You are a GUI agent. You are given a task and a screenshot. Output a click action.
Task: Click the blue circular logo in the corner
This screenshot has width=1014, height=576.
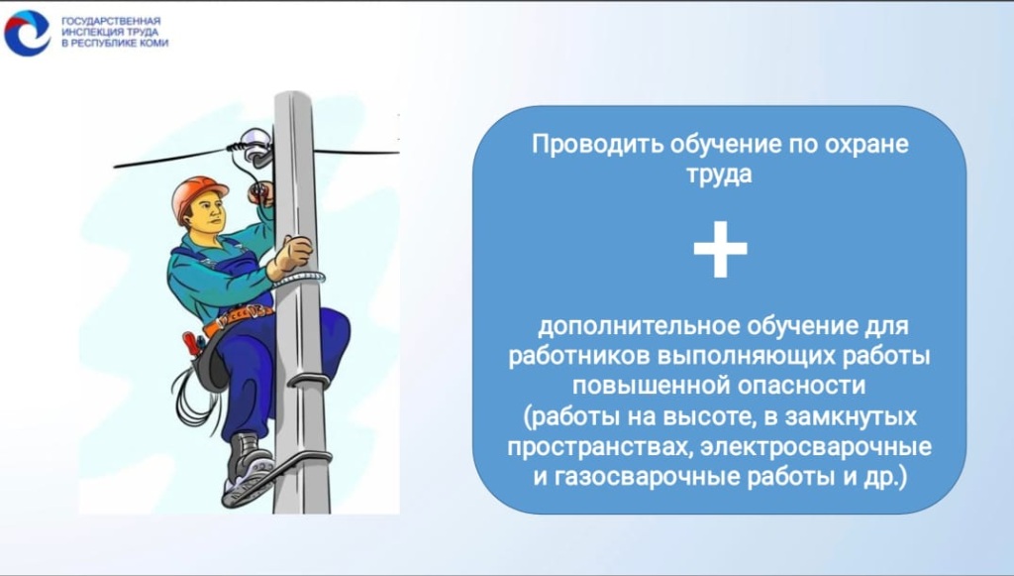[27, 33]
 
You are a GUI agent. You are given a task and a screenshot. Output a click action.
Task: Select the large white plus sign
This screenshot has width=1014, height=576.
[720, 250]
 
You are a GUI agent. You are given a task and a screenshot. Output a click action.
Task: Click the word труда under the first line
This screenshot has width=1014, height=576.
[720, 174]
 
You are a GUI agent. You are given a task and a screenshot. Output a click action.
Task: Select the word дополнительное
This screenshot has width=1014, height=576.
[627, 326]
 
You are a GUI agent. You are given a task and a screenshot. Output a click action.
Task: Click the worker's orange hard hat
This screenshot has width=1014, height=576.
[198, 192]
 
